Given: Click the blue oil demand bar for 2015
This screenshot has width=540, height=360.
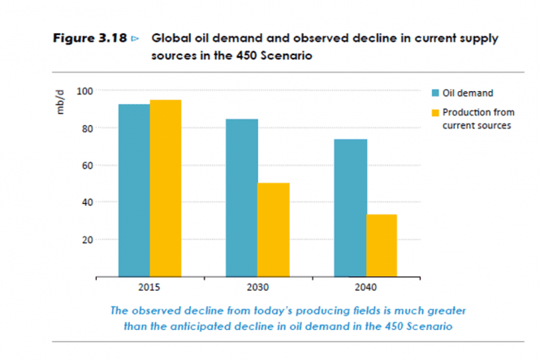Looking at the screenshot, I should (134, 190).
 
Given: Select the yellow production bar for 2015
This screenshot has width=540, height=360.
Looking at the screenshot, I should (165, 188).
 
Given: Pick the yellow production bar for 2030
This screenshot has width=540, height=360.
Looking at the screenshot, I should (274, 229).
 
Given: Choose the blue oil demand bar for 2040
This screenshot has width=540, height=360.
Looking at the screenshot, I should (350, 207).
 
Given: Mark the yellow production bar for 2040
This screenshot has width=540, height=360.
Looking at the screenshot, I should (382, 245).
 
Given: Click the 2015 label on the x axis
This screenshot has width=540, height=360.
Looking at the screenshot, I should (149, 288).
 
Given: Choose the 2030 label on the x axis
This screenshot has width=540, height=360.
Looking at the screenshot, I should (257, 288).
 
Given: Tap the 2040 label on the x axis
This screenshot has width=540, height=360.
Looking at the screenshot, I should (365, 288).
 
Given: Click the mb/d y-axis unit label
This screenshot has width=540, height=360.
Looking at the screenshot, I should (60, 102).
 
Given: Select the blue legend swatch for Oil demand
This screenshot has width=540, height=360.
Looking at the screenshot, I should (435, 93).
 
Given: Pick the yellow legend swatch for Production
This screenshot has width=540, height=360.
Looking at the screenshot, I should (435, 112).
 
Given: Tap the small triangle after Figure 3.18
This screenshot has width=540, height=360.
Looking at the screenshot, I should (135, 39).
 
